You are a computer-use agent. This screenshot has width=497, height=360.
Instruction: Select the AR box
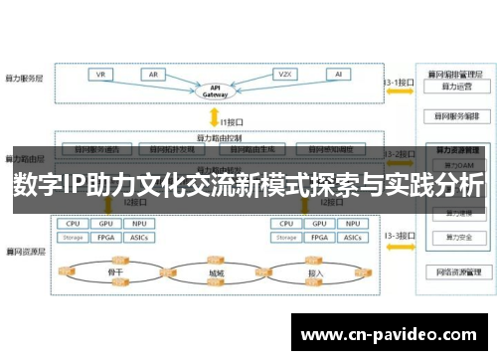coord(154,75)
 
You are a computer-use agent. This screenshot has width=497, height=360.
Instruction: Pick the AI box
coord(339,75)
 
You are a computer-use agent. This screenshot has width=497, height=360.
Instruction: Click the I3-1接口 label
coord(398,82)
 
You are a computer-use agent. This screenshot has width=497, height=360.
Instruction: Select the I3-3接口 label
coord(398,235)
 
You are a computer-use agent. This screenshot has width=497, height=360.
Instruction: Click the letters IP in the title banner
coord(77,186)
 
